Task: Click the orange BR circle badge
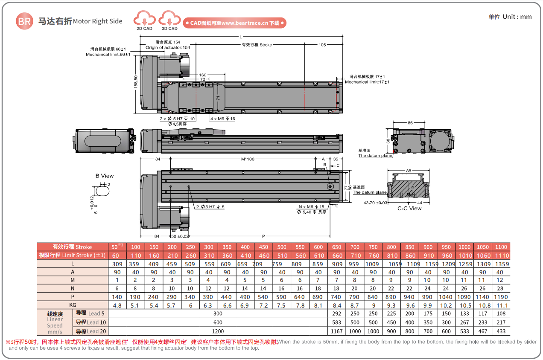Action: click(24, 21)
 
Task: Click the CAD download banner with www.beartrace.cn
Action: click(234, 23)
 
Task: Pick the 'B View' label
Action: click(105, 176)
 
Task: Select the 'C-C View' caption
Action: click(409, 209)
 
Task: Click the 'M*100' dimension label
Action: click(248, 160)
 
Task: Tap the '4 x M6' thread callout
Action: click(222, 119)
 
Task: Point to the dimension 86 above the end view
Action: click(410, 123)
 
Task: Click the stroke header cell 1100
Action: click(501, 247)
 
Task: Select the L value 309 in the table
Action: click(117, 264)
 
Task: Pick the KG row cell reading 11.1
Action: click(501, 305)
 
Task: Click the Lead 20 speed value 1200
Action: click(218, 331)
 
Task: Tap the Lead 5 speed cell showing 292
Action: click(336, 314)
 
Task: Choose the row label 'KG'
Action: click(73, 305)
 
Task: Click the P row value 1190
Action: click(501, 297)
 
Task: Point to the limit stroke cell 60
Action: click(117, 255)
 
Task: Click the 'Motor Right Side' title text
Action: click(98, 21)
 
